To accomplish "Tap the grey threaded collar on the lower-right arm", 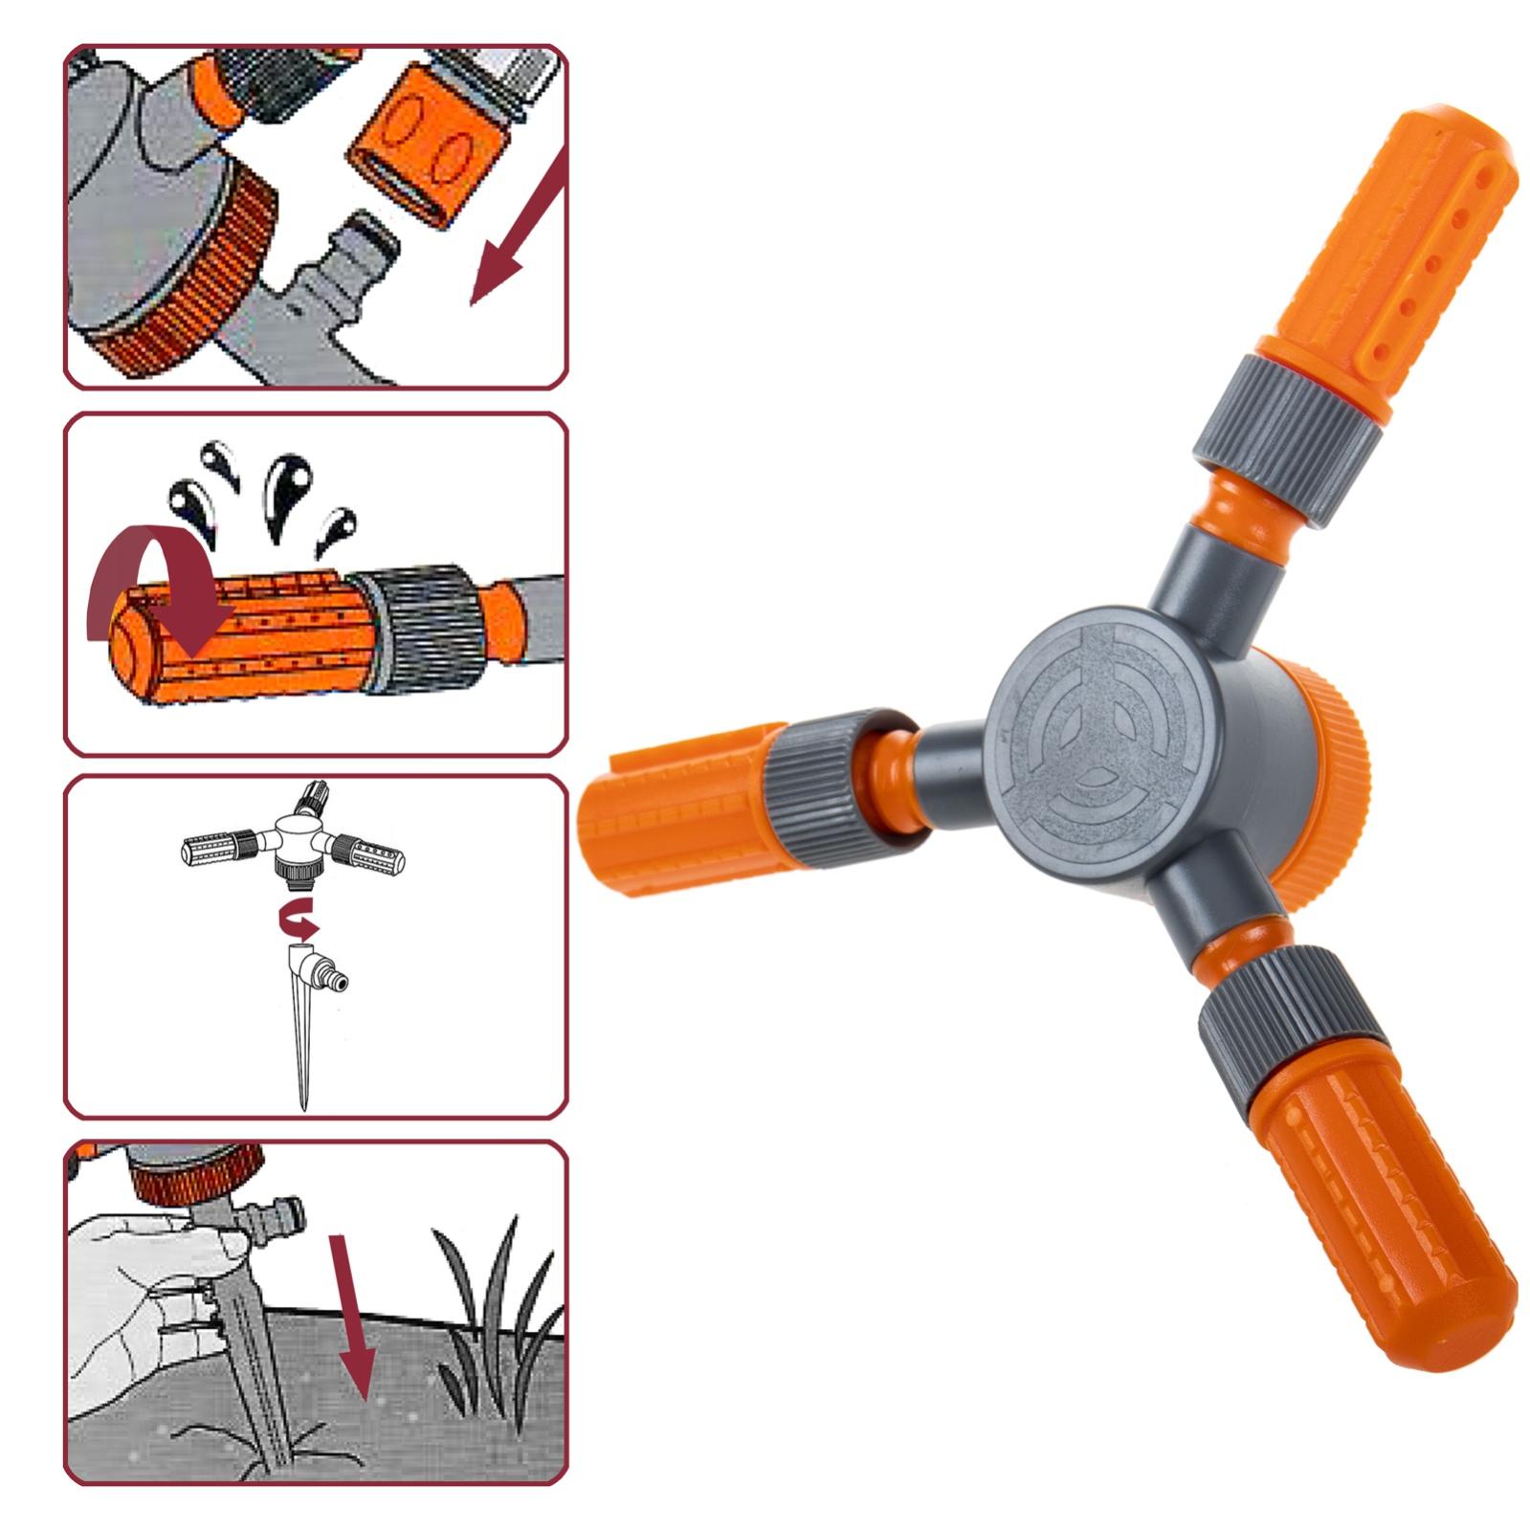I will (1292, 1033).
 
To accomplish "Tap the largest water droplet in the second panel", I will (287, 488).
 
